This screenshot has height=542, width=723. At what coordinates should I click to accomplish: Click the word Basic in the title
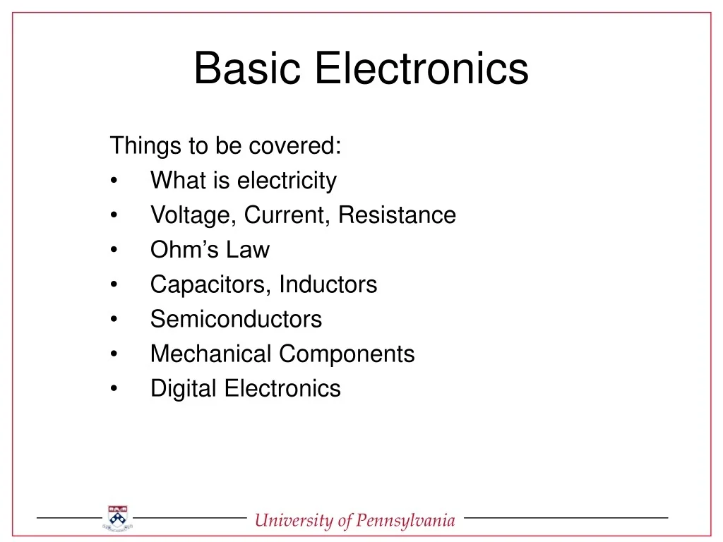pos(248,69)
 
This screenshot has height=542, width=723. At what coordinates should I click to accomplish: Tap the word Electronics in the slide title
pos(422,69)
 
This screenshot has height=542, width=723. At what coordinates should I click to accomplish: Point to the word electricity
pos(287,181)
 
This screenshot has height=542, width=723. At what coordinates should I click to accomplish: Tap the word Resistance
pos(397,215)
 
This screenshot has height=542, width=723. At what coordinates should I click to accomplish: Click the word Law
pos(248,250)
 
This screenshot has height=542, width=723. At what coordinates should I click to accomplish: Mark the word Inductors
pos(328,284)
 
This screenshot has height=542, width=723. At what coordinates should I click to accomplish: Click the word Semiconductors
pos(236,319)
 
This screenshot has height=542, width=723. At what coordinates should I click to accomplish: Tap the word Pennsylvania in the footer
pos(405,521)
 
